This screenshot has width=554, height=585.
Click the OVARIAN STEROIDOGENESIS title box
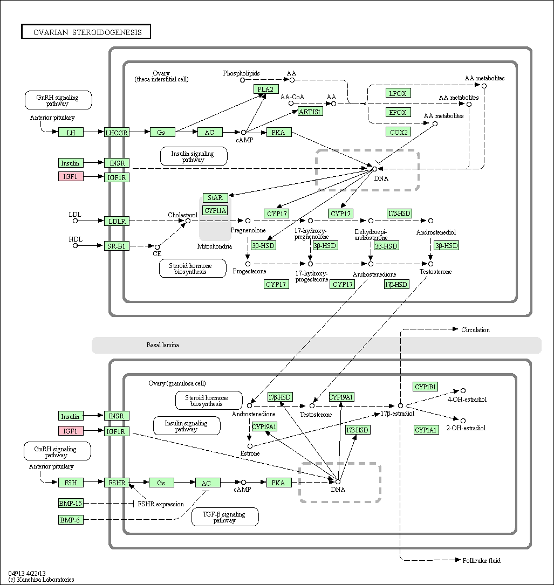point(86,32)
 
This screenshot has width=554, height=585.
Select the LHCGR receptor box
point(117,133)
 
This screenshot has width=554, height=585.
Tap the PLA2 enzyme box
point(266,89)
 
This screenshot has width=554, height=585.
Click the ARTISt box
point(310,112)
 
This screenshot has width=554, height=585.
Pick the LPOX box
point(398,93)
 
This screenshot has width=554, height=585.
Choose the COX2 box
point(398,132)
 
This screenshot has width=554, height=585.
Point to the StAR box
point(215,198)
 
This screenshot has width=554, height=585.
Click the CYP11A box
point(215,210)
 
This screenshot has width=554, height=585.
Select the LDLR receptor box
point(117,221)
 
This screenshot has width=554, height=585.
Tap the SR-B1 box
point(117,246)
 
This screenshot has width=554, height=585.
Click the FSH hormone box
point(71,483)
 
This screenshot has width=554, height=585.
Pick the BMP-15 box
point(71,503)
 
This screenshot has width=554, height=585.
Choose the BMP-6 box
point(71,520)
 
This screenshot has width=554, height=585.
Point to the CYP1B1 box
point(426,387)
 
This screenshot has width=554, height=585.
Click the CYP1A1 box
point(426,430)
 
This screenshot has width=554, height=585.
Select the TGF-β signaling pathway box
point(225,517)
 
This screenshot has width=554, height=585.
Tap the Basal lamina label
point(163,345)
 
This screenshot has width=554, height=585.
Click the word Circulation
point(476,330)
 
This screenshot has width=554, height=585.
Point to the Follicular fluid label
point(482,560)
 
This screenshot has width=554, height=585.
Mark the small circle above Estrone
point(250,446)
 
